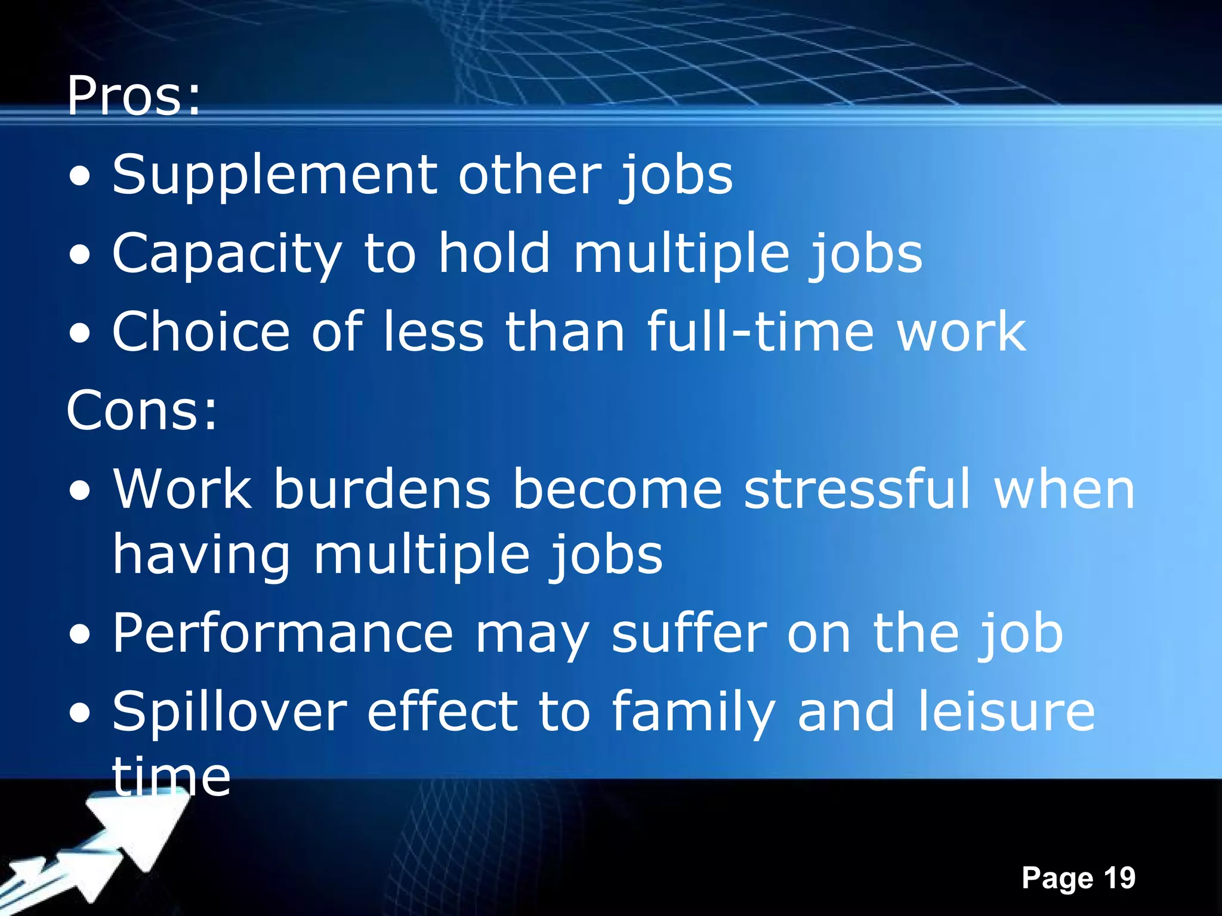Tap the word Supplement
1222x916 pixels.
pos(274,175)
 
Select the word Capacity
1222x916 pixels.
pos(227,255)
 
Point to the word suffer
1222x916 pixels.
pos(689,633)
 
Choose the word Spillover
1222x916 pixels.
pos(230,712)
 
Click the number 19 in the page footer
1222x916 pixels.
pos(1119,878)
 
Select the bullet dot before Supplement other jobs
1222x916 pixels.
pos(80,177)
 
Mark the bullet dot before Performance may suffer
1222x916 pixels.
pos(80,636)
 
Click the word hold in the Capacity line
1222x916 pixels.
pos(495,254)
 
